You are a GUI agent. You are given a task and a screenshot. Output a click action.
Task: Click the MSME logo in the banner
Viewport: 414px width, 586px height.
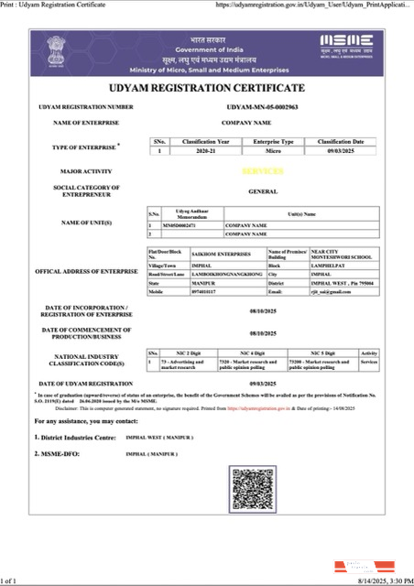pyautogui.click(x=347, y=44)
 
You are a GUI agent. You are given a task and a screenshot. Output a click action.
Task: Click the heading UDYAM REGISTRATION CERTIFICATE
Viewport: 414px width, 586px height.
pyautogui.click(x=207, y=88)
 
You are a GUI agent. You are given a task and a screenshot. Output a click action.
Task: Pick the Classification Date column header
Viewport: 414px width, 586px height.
pyautogui.click(x=342, y=142)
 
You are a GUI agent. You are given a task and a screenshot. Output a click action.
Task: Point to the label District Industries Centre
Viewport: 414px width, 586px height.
pyautogui.click(x=77, y=438)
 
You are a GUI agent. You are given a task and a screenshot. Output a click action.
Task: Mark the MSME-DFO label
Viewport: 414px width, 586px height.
pyautogui.click(x=60, y=454)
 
